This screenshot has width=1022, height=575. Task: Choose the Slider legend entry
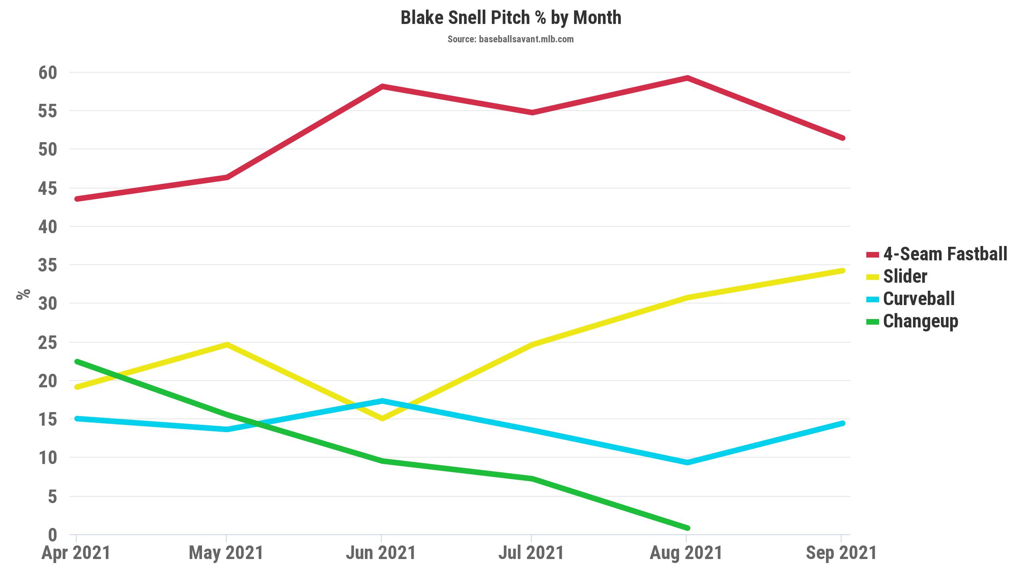(x=897, y=276)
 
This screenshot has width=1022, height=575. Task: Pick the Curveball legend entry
(x=910, y=299)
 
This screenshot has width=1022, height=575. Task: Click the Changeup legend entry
(x=912, y=321)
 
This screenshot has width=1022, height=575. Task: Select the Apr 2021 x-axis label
(x=76, y=553)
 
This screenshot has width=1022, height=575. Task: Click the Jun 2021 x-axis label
(x=381, y=553)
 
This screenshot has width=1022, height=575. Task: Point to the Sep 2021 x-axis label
(x=841, y=553)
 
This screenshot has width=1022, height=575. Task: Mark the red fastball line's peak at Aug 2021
(x=687, y=77)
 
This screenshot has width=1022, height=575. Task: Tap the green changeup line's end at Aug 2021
(x=687, y=528)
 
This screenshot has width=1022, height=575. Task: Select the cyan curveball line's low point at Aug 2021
(x=687, y=462)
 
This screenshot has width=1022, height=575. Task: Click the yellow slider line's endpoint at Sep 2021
(x=842, y=271)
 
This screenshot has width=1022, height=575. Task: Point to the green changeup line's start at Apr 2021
(x=77, y=361)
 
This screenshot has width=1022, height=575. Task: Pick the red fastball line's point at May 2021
(x=227, y=177)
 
